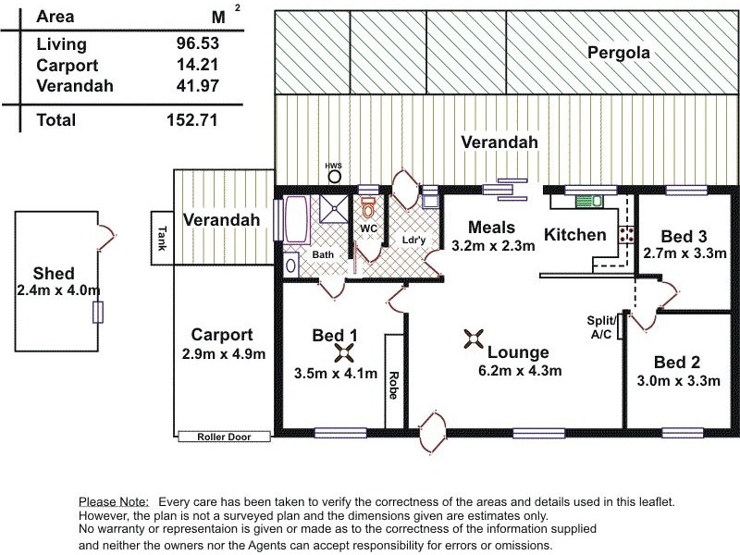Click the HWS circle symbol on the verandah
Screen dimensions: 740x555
point(335,177)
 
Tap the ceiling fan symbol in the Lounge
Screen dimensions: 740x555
point(474,339)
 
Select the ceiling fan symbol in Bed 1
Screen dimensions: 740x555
point(345,353)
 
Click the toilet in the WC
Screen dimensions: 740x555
point(368,207)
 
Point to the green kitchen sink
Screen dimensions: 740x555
point(588,201)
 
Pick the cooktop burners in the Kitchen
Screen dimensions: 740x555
point(627,235)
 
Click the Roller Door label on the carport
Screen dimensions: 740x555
point(224,437)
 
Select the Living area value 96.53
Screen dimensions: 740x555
point(198,43)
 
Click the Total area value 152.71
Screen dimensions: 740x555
point(192,120)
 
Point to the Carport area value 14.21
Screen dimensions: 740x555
point(198,65)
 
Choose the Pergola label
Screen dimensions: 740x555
point(618,53)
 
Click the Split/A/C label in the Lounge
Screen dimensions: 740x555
point(601,327)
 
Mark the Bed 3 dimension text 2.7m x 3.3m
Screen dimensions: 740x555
point(684,253)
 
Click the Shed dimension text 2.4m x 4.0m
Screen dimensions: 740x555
point(58,290)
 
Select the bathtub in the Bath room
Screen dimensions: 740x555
point(297,220)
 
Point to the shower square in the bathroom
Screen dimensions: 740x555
point(334,208)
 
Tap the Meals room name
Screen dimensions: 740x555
point(491,227)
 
